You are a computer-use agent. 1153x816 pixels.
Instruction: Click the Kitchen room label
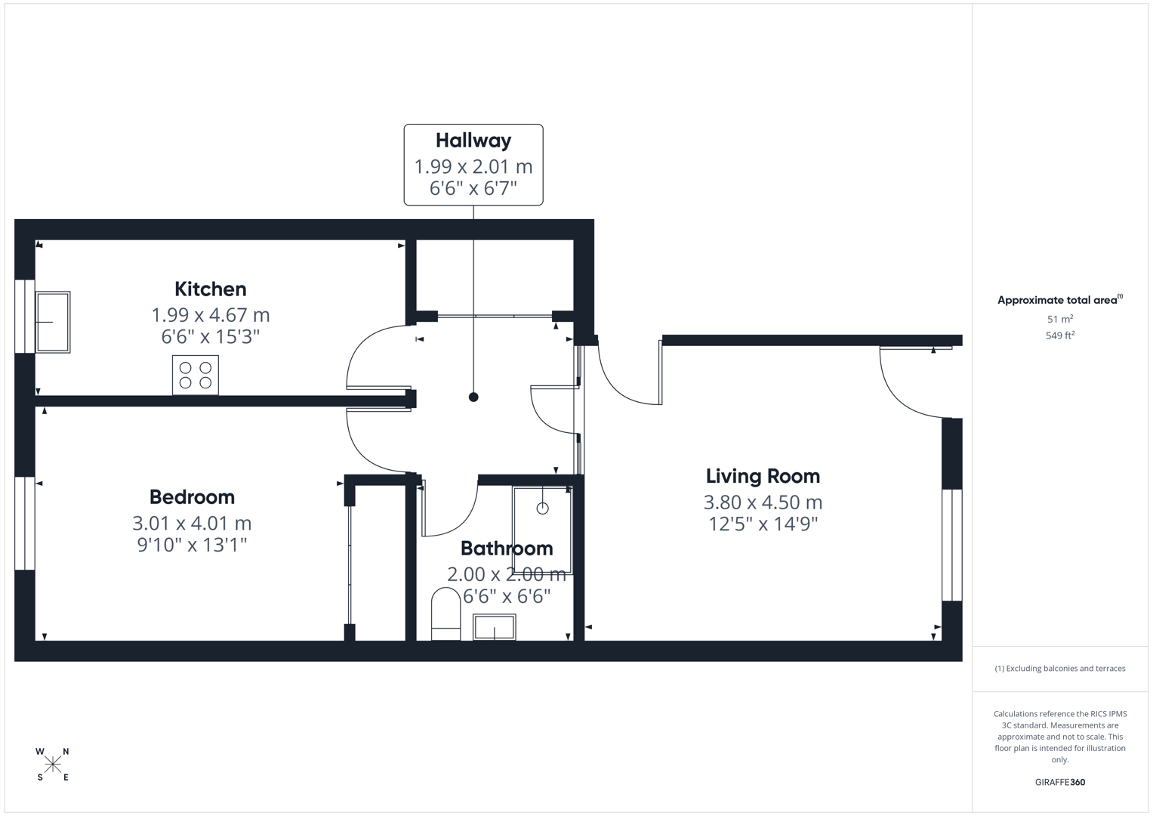pyautogui.click(x=210, y=289)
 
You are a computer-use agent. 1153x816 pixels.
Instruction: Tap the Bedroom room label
pyautogui.click(x=192, y=497)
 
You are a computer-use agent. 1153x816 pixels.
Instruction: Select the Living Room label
pyautogui.click(x=763, y=476)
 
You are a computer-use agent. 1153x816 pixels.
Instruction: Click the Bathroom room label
pyautogui.click(x=507, y=549)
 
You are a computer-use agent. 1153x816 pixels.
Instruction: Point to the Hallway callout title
pyautogui.click(x=473, y=141)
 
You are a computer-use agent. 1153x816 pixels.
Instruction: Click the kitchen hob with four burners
pyautogui.click(x=196, y=375)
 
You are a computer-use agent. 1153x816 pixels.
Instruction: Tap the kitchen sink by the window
pyautogui.click(x=53, y=322)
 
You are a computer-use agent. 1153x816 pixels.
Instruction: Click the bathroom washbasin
pyautogui.click(x=495, y=627)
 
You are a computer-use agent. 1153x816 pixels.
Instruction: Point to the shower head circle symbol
pyautogui.click(x=542, y=508)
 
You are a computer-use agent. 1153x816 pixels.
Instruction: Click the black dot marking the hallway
pyautogui.click(x=473, y=397)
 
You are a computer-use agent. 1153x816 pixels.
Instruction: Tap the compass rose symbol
pyautogui.click(x=53, y=765)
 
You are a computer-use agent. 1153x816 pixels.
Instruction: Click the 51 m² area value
pyautogui.click(x=1060, y=320)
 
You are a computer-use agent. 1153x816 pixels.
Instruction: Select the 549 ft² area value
pyautogui.click(x=1060, y=335)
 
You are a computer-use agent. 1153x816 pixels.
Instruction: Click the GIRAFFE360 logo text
pyautogui.click(x=1060, y=783)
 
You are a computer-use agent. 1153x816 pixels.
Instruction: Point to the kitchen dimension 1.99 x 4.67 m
pyautogui.click(x=210, y=315)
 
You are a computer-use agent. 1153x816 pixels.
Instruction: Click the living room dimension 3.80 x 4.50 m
pyautogui.click(x=763, y=502)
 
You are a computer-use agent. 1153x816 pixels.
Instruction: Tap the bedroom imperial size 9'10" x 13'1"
pyautogui.click(x=192, y=545)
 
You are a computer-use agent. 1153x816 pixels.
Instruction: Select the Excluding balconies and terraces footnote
pyautogui.click(x=1060, y=669)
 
